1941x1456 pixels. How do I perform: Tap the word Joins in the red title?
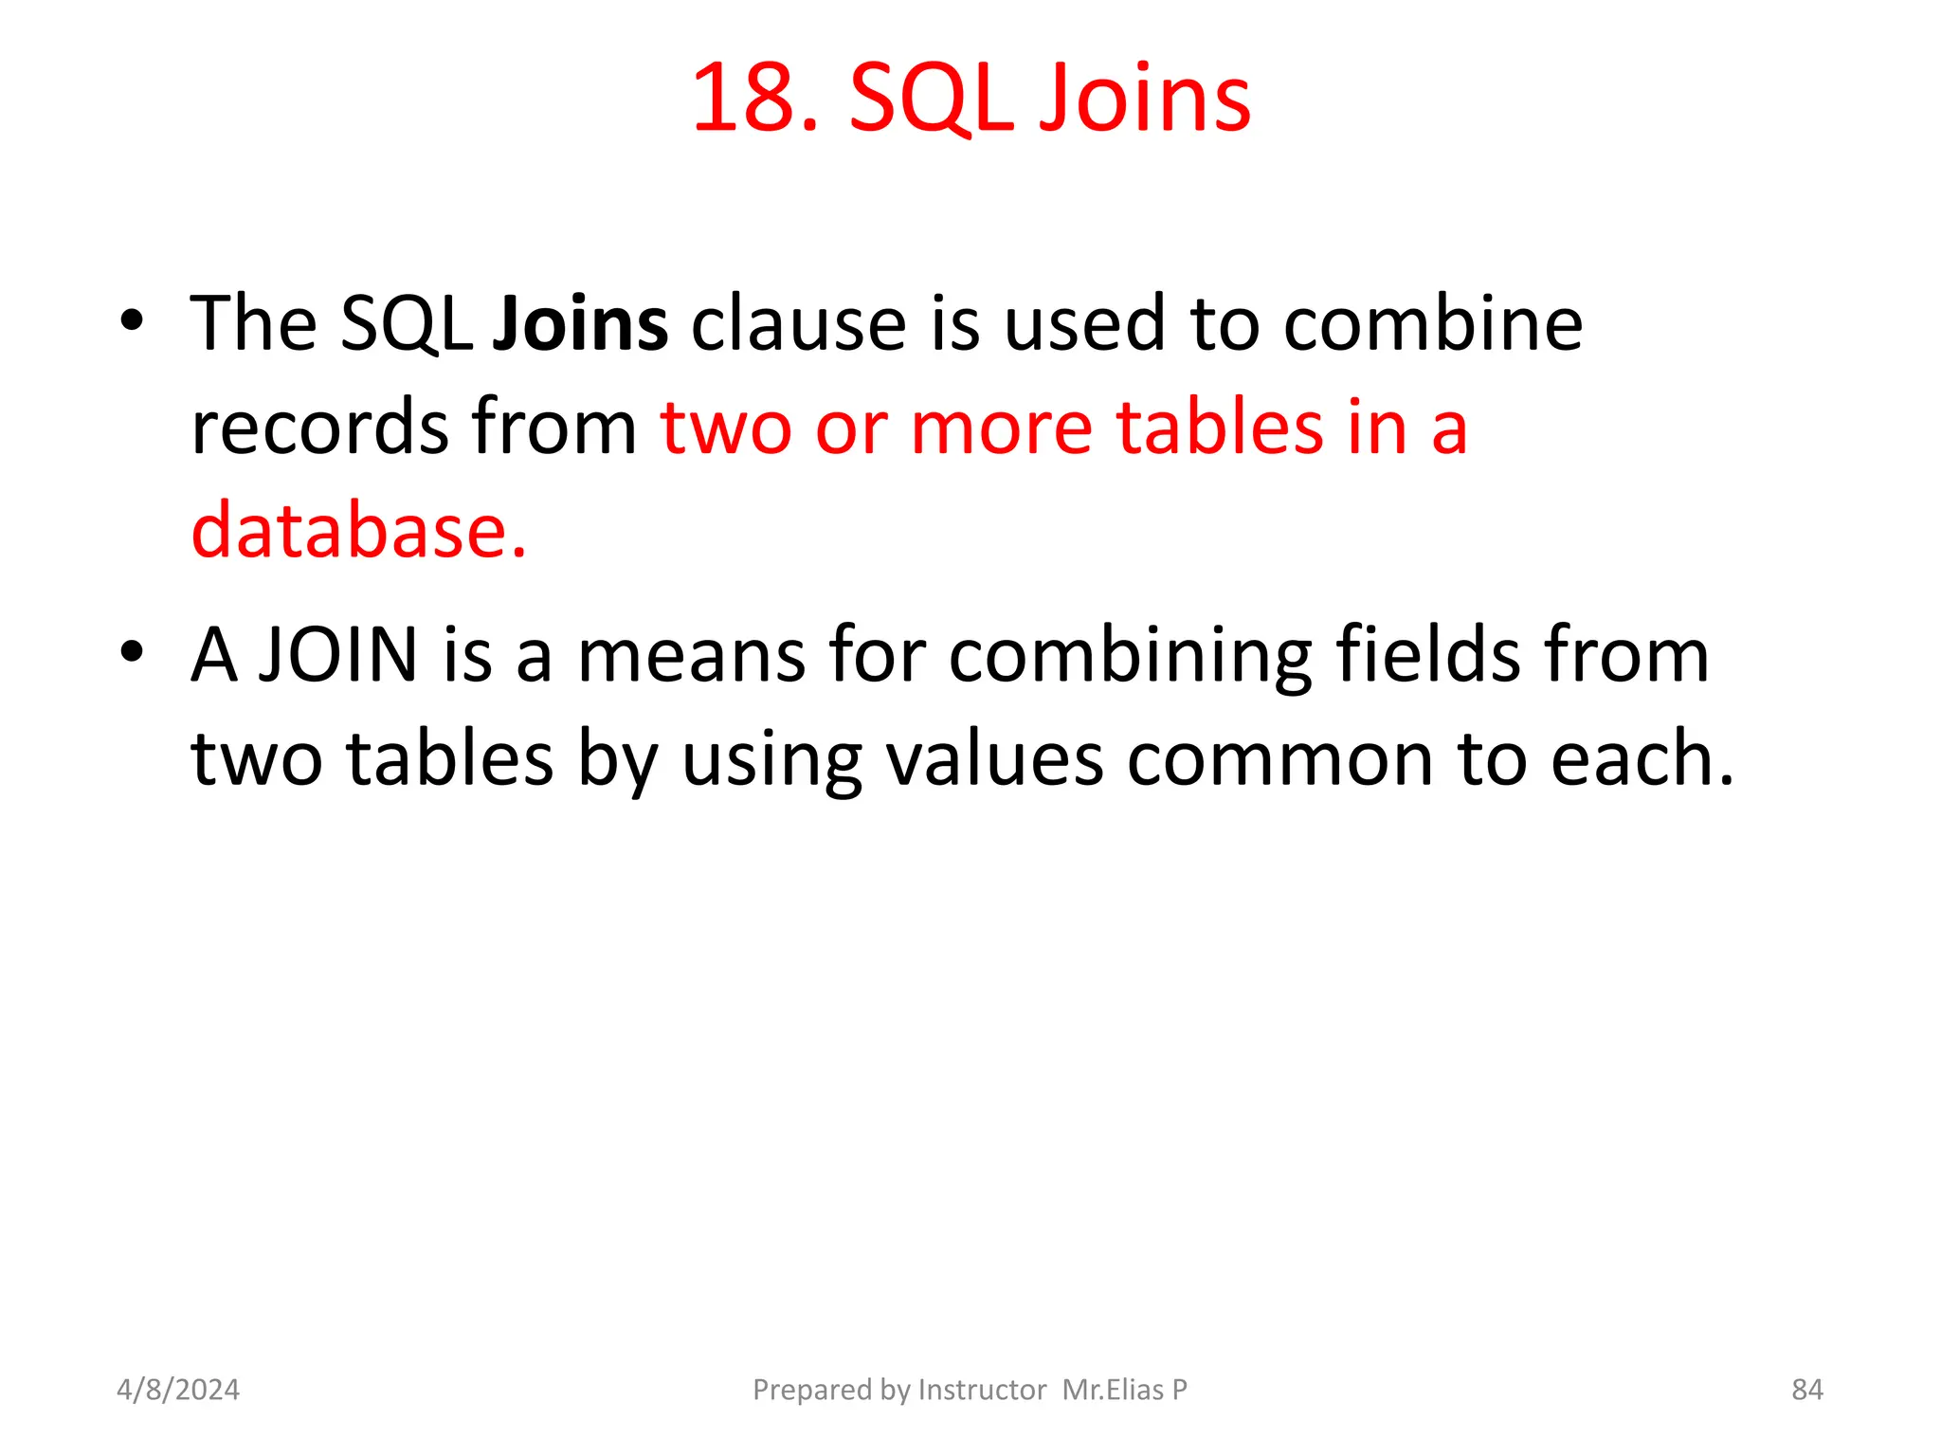(x=1146, y=99)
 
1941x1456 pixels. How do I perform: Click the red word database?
(x=358, y=531)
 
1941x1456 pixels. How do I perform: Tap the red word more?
(x=1001, y=428)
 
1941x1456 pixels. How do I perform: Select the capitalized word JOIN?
(x=338, y=656)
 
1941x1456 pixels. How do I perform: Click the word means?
(x=691, y=656)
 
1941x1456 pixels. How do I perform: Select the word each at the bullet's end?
(x=1640, y=759)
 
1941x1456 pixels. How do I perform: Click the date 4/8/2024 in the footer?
(x=178, y=1390)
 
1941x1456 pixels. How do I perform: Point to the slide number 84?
(x=1806, y=1390)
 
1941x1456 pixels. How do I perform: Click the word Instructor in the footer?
(x=982, y=1390)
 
